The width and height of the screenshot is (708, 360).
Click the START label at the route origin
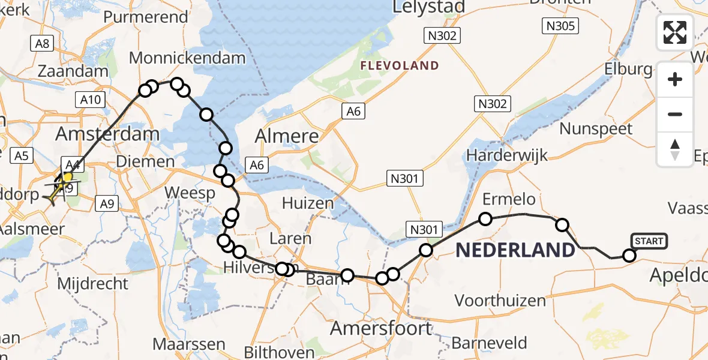pos(649,241)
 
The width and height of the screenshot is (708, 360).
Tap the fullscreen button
pos(675,32)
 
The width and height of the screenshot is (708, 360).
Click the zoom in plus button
pos(675,79)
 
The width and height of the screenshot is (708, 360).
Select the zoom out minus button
pos(675,114)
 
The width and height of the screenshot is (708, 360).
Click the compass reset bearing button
pos(675,149)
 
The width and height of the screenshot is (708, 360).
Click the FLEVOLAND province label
pos(399,65)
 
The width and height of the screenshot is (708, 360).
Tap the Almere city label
pos(287,136)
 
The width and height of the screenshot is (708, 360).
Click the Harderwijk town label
pos(507,155)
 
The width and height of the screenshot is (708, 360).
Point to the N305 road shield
pos(560,26)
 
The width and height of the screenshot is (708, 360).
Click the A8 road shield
pos(43,43)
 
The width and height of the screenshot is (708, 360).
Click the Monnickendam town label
pos(187,58)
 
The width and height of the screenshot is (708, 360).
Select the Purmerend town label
pos(146,17)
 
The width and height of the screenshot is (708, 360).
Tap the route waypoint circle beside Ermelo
pos(485,219)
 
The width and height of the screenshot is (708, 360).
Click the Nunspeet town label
pos(596,128)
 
